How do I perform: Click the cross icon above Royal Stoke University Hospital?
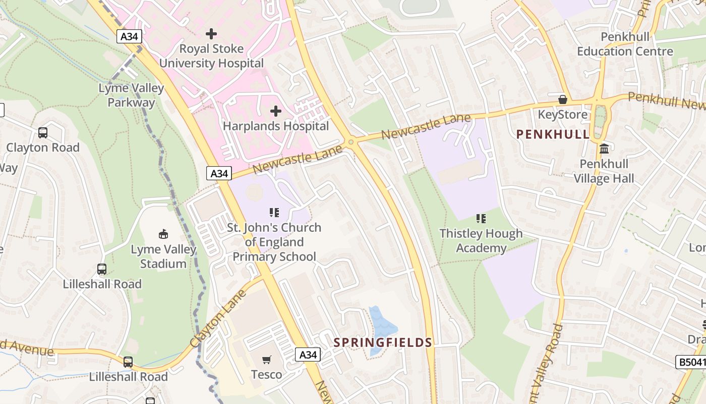[x=211, y=34]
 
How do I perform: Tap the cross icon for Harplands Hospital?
[x=276, y=111]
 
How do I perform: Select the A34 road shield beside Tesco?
[x=308, y=355]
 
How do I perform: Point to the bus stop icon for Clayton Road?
[x=43, y=133]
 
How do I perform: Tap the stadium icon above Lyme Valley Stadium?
[x=163, y=234]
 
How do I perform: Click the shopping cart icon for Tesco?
[x=267, y=360]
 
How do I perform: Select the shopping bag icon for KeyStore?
[x=563, y=99]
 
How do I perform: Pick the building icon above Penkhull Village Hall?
[x=604, y=148]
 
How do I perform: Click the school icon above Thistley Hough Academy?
[x=481, y=218]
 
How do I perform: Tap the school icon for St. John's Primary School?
[x=274, y=213]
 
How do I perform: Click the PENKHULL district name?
[x=553, y=134]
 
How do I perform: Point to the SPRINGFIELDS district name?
[x=383, y=342]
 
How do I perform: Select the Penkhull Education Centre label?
[x=625, y=44]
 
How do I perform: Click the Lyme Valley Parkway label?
[x=131, y=95]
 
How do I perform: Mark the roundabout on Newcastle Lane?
[x=351, y=142]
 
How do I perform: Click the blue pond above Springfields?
[x=381, y=323]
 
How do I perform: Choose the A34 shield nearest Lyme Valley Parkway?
[x=129, y=36]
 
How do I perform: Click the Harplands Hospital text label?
[x=276, y=126]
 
